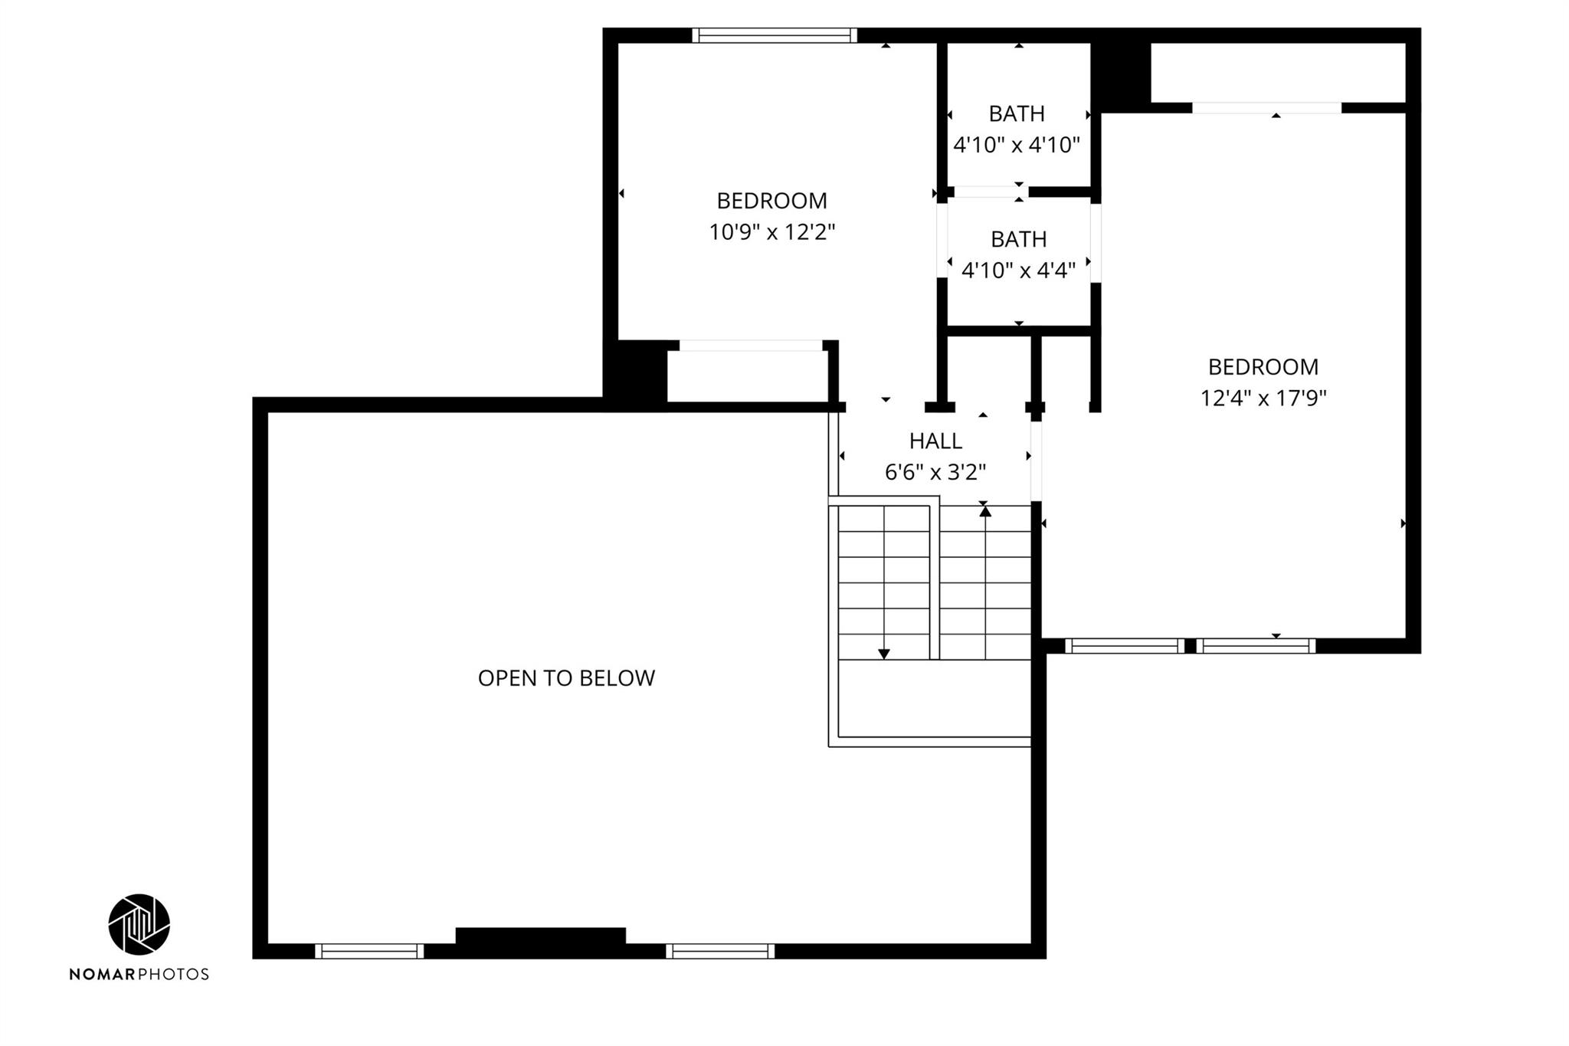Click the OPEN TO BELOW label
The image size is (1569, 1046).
click(566, 678)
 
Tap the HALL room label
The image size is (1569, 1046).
click(935, 441)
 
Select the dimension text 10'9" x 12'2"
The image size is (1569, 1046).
click(771, 231)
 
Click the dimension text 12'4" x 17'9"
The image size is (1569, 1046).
click(1263, 398)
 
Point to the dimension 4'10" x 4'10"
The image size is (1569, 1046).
click(1017, 144)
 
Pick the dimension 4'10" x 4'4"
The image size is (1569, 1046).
click(1018, 270)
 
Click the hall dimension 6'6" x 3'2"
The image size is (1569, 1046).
click(935, 472)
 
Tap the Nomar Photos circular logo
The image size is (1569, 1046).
click(139, 924)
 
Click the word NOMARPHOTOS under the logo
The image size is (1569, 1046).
click(139, 974)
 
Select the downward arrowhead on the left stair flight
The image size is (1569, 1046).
click(884, 654)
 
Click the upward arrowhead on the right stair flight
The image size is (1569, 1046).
click(985, 511)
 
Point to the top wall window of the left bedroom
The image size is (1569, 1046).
click(775, 35)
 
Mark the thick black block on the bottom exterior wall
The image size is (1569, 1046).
click(541, 936)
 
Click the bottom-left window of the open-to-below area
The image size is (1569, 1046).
click(369, 951)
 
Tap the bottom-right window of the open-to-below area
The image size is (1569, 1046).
click(720, 951)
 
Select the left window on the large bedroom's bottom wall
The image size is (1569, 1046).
click(1125, 646)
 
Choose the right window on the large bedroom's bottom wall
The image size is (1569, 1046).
click(1256, 646)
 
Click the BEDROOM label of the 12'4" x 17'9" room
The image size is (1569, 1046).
click(1263, 367)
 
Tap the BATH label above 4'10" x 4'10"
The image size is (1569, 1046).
click(1017, 113)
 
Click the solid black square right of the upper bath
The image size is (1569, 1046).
click(1121, 73)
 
